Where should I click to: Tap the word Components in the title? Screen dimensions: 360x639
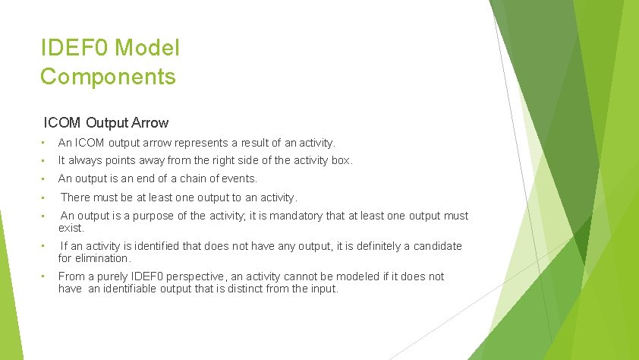coord(108,77)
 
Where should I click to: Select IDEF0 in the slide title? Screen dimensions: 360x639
coord(67,49)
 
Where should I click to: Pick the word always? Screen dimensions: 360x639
coord(86,160)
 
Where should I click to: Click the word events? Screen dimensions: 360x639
coord(239,178)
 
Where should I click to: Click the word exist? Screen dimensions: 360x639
coord(71,227)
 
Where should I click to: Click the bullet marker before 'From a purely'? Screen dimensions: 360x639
coord(45,276)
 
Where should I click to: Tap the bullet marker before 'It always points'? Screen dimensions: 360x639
coord(45,160)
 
